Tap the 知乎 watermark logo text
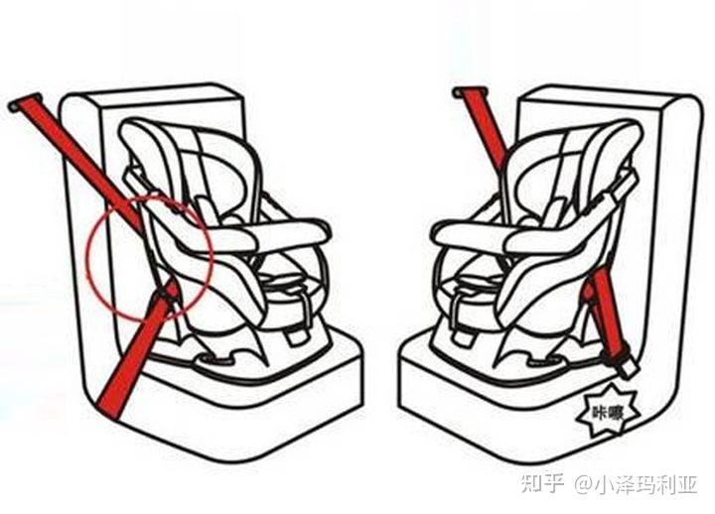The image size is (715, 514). (542, 483)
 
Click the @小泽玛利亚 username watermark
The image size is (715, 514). (636, 484)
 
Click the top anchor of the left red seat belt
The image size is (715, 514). (24, 102)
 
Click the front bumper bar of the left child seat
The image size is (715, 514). (260, 234)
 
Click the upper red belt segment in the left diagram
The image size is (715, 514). (77, 160)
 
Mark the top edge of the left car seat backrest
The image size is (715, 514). (151, 89)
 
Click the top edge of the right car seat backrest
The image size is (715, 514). (607, 91)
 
